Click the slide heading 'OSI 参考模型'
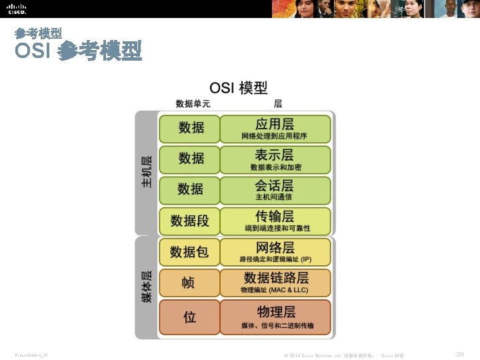pos(78,51)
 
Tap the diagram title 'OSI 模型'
pos(239,87)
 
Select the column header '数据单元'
pos(193,103)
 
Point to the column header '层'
pos(278,103)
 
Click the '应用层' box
pos(275,129)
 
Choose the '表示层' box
pos(275,159)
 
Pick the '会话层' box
pos(275,189)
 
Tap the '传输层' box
pos(275,221)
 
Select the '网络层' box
pos(275,252)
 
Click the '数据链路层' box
pos(275,282)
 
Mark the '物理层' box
pos(275,317)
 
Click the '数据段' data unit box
pos(189,221)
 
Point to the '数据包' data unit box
pos(189,252)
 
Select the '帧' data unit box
pos(189,283)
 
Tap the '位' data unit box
pos(189,317)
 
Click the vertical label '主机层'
pos(146,172)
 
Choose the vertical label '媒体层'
pos(146,287)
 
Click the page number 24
pos(460,355)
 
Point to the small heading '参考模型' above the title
pos(38,33)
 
